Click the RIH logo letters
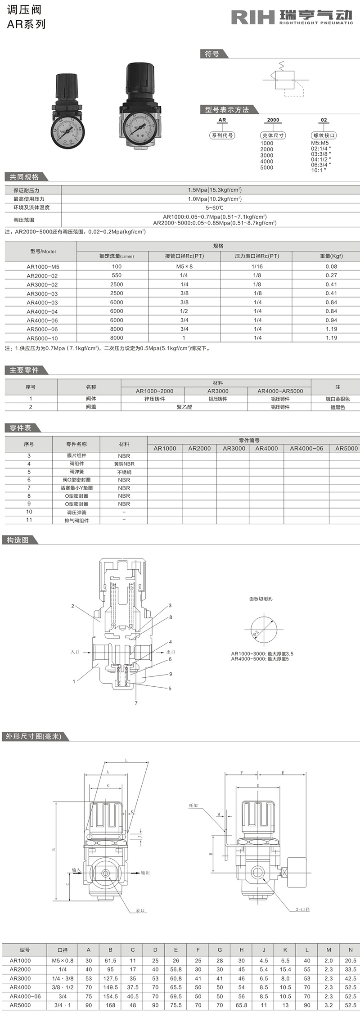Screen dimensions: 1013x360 [252, 17]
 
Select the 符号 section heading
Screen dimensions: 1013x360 [212, 54]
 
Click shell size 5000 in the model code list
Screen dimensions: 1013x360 [266, 167]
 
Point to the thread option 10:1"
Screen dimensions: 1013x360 [319, 170]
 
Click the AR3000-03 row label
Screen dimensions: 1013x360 [42, 293]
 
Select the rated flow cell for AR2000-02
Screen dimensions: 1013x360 [117, 275]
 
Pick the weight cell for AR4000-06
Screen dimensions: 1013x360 [331, 320]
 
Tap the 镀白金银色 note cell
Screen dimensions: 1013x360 [337, 399]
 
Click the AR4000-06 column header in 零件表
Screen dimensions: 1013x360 [306, 448]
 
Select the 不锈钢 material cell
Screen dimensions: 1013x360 [124, 472]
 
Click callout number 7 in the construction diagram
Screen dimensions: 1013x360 [136, 702]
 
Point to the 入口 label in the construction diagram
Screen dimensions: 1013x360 [75, 652]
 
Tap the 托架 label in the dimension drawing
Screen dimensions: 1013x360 [193, 805]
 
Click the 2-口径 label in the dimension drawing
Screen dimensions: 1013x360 [302, 909]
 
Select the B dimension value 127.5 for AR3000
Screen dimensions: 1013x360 [110, 978]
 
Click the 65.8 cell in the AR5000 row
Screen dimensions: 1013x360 [241, 1005]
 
